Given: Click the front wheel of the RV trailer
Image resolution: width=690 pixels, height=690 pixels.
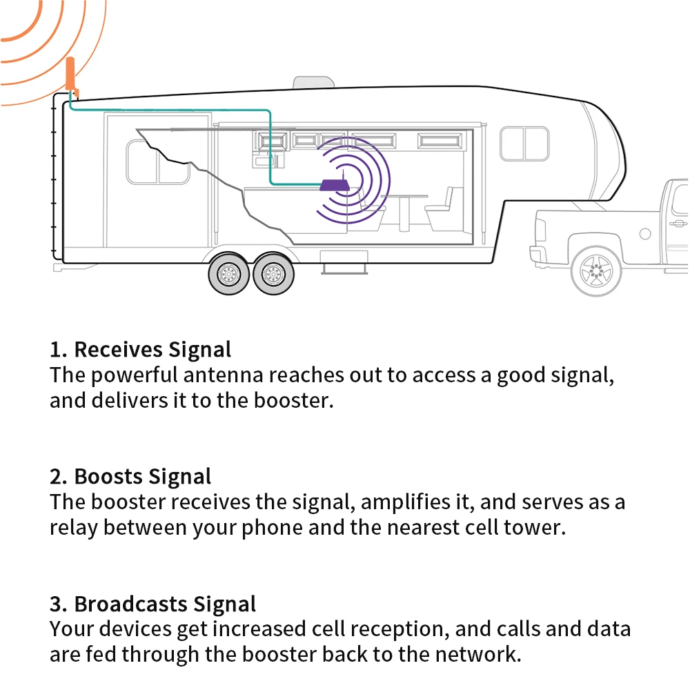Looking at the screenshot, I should [268, 275].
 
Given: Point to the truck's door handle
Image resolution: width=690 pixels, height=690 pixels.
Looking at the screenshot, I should [679, 223].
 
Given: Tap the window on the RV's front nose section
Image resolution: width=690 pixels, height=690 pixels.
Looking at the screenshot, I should [524, 144].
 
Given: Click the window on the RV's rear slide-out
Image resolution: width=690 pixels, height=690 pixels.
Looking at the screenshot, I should [158, 162].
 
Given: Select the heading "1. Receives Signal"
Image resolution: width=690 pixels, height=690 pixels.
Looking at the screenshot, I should [140, 349].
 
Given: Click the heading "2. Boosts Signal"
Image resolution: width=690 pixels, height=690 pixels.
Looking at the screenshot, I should [130, 476].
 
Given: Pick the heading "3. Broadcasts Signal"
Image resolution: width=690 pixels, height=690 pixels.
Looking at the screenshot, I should [152, 604].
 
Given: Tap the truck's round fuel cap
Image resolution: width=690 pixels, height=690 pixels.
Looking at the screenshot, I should [645, 234].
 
